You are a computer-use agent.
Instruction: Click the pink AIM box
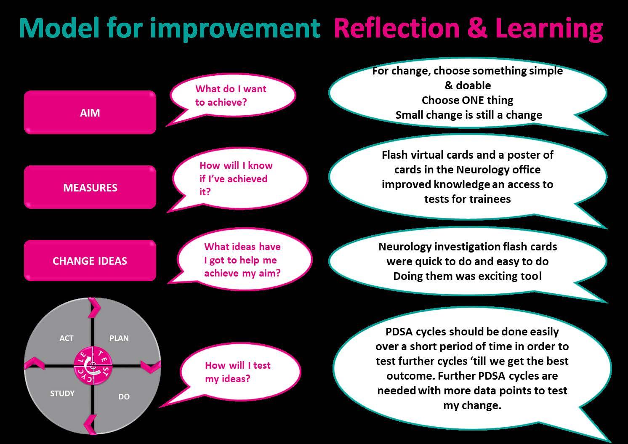click(90, 112)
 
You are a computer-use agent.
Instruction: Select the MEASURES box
click(90, 187)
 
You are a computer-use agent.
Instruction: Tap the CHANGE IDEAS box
click(90, 261)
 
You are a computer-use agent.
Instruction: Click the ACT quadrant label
click(67, 338)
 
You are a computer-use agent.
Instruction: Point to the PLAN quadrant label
click(119, 338)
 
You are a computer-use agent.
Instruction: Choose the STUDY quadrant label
click(62, 393)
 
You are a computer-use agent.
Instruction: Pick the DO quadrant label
click(124, 396)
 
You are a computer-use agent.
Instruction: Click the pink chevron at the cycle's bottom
click(90, 424)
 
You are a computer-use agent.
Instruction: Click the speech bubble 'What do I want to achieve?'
click(232, 96)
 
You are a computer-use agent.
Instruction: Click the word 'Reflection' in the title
click(396, 28)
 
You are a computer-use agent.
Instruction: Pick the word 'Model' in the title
click(59, 28)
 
